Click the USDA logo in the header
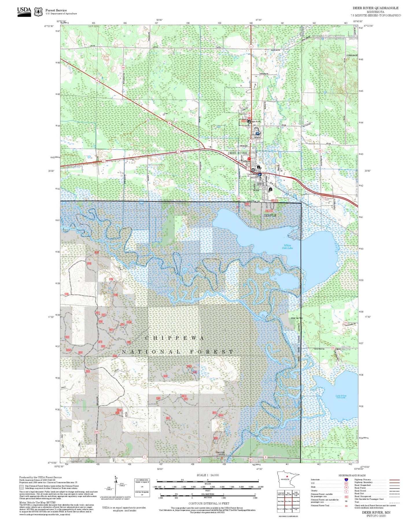24,12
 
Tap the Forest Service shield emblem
38,12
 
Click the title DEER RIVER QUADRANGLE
375,8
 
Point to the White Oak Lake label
287,247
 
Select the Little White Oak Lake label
341,397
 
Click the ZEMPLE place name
270,215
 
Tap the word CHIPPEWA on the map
174,338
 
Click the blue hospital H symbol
257,134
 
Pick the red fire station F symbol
248,159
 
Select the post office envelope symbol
253,170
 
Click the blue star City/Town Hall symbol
260,174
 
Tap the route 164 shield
123,67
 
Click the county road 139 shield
239,198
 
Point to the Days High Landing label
220,453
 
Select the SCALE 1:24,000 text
208,475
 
